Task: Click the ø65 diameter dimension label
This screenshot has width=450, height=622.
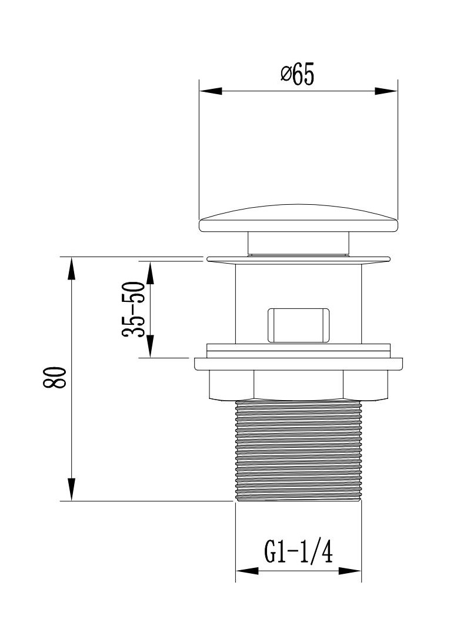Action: click(x=298, y=74)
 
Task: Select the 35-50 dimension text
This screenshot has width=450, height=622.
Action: click(x=132, y=309)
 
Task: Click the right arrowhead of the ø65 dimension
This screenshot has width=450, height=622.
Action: click(x=386, y=91)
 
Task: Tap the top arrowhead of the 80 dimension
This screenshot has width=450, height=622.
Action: click(x=71, y=268)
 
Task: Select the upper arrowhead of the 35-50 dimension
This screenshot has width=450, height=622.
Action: click(x=150, y=272)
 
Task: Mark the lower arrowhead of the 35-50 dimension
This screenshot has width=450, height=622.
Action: click(x=150, y=346)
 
